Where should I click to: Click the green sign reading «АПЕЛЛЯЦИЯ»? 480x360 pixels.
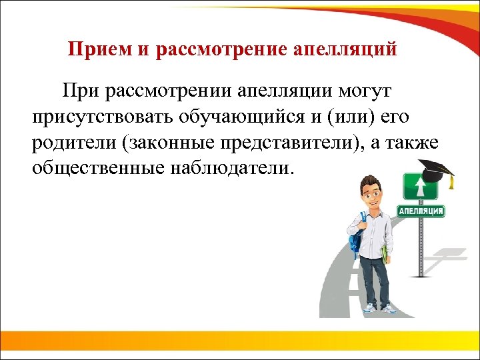(x=421, y=211)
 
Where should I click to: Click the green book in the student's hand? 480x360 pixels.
(x=384, y=254)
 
